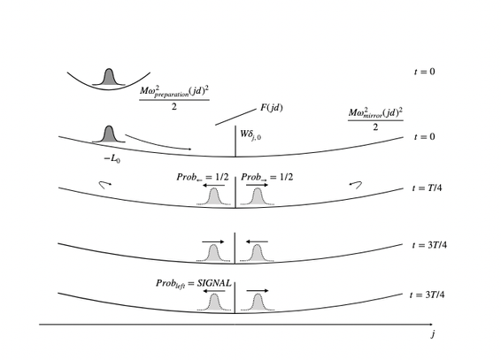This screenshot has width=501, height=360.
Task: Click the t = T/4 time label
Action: (x=427, y=188)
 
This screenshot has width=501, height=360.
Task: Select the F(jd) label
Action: (x=272, y=108)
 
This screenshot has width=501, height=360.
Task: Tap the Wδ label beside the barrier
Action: (x=250, y=134)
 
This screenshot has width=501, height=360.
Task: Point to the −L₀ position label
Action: (x=112, y=158)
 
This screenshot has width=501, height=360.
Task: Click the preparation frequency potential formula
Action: (x=174, y=98)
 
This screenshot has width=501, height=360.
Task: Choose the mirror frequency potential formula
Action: (x=375, y=119)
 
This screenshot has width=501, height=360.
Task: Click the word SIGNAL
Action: (x=213, y=283)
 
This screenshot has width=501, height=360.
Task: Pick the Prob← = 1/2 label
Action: (x=203, y=178)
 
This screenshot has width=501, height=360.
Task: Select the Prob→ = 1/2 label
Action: (x=266, y=178)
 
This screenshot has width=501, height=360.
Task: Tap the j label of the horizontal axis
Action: (x=432, y=334)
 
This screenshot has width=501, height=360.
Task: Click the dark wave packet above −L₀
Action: (x=109, y=134)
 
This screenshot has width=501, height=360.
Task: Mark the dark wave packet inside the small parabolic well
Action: (x=109, y=77)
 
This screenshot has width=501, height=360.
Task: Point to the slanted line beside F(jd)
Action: (x=235, y=117)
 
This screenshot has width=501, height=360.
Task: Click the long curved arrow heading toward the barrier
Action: (x=158, y=143)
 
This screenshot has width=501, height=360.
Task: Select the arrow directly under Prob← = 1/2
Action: (x=213, y=185)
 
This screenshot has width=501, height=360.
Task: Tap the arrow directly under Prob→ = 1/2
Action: (x=258, y=185)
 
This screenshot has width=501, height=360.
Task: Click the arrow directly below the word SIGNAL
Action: (x=214, y=291)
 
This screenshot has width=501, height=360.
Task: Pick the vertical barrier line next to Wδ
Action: (x=235, y=141)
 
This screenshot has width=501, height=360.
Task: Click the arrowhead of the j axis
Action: (x=431, y=325)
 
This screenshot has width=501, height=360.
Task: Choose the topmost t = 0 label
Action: (x=424, y=72)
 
